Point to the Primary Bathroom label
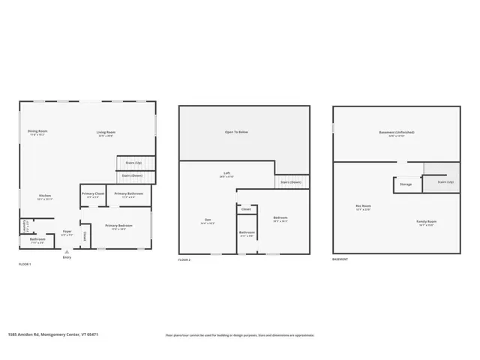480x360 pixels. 128,194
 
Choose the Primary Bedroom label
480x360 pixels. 118,226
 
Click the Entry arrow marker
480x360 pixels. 67,252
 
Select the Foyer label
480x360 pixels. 67,232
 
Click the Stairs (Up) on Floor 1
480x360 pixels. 133,163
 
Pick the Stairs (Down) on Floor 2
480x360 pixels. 291,182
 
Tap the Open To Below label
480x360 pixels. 236,132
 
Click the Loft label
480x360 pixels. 226,174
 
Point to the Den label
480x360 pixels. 207,220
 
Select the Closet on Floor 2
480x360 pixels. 246,209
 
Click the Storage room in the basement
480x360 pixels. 405,184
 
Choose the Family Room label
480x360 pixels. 427,222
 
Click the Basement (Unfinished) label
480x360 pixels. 396,133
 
